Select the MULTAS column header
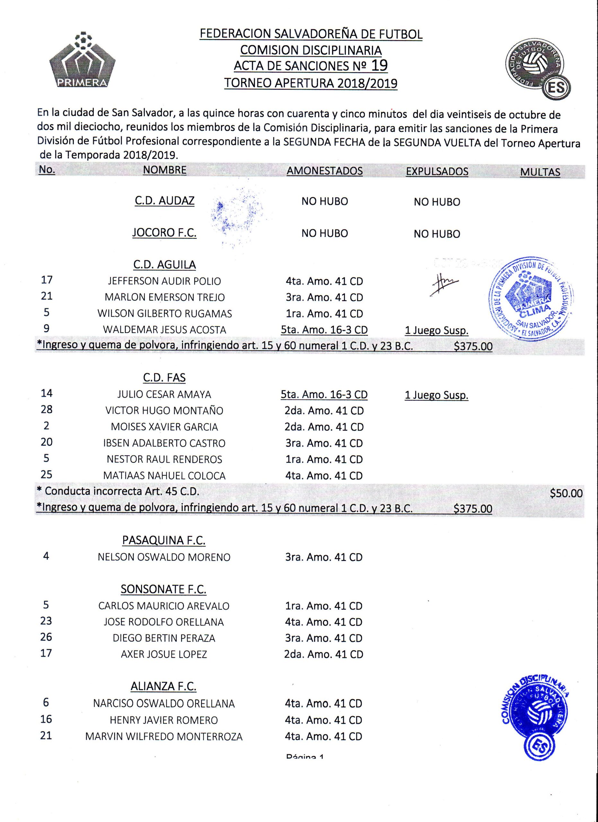[540, 172]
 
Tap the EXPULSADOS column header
[437, 171]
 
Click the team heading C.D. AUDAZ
[164, 201]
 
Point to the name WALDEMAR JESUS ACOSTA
[164, 330]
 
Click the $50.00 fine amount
[566, 493]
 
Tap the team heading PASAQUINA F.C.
[164, 540]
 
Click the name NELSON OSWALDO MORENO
[164, 557]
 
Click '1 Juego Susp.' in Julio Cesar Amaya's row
[436, 395]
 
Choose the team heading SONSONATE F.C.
[163, 589]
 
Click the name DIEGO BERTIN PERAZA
[164, 638]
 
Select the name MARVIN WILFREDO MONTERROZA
[164, 737]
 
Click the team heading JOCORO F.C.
[164, 233]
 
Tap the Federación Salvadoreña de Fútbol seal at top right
[538, 70]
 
